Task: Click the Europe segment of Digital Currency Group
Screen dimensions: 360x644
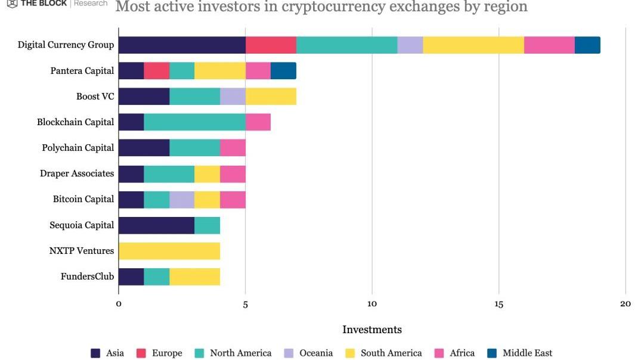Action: [271, 45]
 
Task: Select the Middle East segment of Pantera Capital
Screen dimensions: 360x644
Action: [283, 70]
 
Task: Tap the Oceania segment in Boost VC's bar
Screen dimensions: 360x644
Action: [233, 96]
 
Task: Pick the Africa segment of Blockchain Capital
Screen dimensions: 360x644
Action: [258, 122]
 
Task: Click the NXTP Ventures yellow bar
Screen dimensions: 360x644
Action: [169, 250]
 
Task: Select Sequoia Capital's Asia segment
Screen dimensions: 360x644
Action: [156, 225]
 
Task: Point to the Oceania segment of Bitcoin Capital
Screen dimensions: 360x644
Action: [182, 199]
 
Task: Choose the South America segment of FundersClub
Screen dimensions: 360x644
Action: [194, 277]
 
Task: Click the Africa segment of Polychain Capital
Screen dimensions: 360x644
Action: [233, 147]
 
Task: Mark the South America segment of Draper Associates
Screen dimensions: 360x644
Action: [207, 173]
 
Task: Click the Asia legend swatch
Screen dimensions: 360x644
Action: [95, 353]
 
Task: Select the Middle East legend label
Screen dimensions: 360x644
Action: [527, 353]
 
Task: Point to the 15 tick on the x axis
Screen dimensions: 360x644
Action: [499, 304]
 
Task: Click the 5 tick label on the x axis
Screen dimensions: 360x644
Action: [245, 304]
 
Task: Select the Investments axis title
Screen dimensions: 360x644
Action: [372, 330]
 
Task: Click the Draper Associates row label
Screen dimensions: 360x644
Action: [77, 173]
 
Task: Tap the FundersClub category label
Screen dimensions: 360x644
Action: [87, 277]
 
